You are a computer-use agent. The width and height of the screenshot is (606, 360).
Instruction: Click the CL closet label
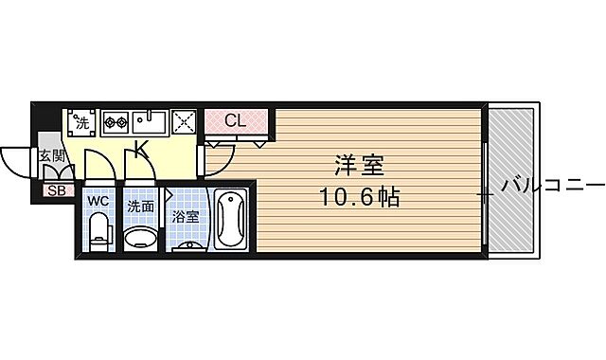pyautogui.click(x=236, y=120)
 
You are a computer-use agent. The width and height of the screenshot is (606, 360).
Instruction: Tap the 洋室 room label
pyautogui.click(x=358, y=166)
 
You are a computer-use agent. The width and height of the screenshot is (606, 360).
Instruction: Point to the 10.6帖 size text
pyautogui.click(x=360, y=199)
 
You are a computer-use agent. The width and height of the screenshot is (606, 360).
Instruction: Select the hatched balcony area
pyautogui.click(x=510, y=180)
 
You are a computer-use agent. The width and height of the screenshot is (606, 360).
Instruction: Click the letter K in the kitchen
pyautogui.click(x=140, y=149)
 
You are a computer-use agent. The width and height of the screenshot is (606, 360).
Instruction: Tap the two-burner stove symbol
pyautogui.click(x=115, y=121)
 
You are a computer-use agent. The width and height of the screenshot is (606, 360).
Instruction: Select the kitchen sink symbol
pyautogui.click(x=150, y=120)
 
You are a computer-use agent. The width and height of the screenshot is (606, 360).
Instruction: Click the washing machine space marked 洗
pyautogui.click(x=81, y=121)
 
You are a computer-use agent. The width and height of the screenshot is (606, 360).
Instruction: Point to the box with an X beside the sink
pyautogui.click(x=184, y=120)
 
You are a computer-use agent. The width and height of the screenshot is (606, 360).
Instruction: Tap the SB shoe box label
pyautogui.click(x=56, y=190)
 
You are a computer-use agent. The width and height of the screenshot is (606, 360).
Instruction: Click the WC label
pyautogui.click(x=98, y=202)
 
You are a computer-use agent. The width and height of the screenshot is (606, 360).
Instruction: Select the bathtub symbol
pyautogui.click(x=231, y=220)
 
